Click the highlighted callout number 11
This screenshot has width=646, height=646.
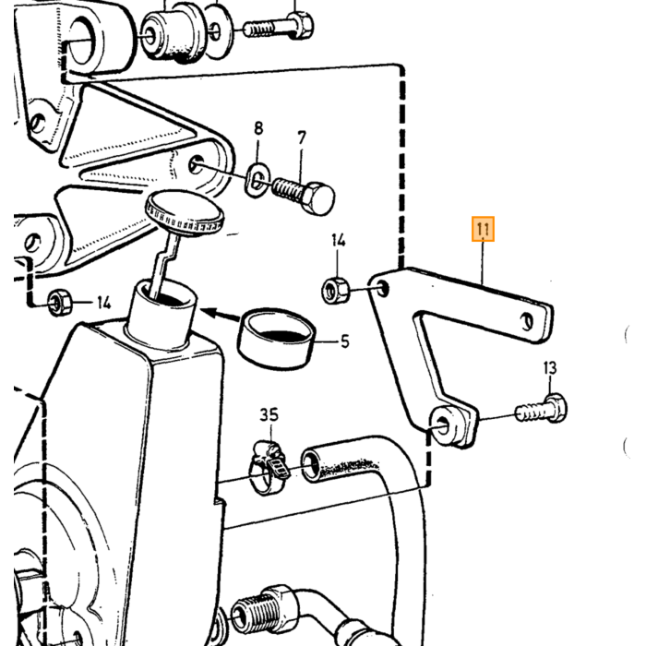[483, 229]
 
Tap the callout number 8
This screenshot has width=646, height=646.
[258, 128]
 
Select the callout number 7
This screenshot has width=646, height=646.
[302, 138]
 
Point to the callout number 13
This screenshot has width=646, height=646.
[550, 368]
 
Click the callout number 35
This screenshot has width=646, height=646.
[269, 414]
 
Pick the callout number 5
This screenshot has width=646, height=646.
[345, 341]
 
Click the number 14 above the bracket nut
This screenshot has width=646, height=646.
[339, 240]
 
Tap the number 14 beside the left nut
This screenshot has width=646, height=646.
[104, 304]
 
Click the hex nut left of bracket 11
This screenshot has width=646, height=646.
[335, 290]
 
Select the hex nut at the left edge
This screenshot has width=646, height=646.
[59, 303]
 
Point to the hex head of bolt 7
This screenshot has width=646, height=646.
[318, 198]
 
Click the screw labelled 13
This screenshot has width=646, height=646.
[542, 408]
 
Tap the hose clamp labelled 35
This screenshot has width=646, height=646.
[269, 467]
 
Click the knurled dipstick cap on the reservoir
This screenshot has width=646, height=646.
[185, 214]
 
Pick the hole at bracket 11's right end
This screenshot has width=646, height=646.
[527, 321]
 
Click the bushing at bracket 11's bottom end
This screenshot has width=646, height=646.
[446, 425]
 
